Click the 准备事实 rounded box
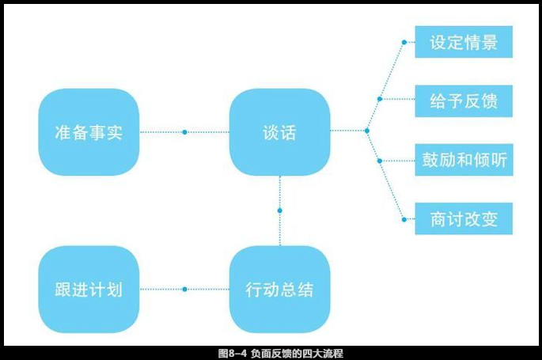point(89,132)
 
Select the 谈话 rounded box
point(279,132)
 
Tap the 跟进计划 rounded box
point(89,290)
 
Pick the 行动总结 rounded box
point(279,290)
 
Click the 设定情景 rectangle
point(464,42)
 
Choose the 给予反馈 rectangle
point(464,101)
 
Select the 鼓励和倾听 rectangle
point(464,161)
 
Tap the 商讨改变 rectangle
point(464,218)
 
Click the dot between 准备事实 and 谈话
point(184,132)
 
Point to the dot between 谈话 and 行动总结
point(279,210)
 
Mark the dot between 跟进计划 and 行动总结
point(184,290)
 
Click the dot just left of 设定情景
point(404,42)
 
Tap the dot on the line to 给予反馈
point(380,100)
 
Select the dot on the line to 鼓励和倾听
point(380,161)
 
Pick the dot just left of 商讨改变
point(404,218)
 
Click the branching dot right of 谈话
point(366,131)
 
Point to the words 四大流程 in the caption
point(320,353)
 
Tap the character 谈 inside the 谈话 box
point(270,132)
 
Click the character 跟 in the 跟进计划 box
point(64,290)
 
